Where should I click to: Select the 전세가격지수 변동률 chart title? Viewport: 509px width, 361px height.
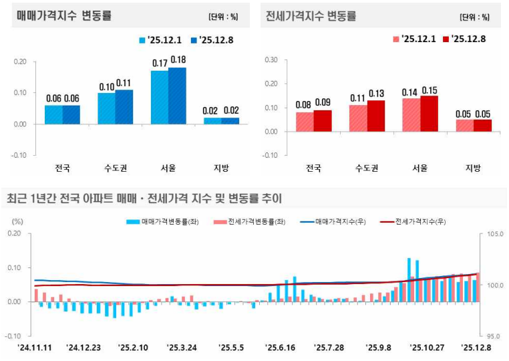(x=311, y=15)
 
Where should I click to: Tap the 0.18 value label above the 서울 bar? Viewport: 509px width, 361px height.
(x=178, y=59)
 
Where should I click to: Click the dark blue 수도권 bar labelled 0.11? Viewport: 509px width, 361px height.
(x=124, y=106)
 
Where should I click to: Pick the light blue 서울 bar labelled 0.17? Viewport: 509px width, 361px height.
(x=160, y=97)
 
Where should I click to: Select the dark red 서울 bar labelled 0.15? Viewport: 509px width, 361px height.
(x=429, y=113)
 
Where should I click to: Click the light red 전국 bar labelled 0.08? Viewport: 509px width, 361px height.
(x=305, y=121)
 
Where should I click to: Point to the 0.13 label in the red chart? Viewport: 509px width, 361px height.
(x=376, y=93)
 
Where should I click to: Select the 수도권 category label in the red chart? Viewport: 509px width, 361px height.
(x=367, y=168)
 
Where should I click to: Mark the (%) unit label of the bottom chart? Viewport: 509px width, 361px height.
(x=17, y=221)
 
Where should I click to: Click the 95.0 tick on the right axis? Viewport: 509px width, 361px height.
(x=493, y=336)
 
